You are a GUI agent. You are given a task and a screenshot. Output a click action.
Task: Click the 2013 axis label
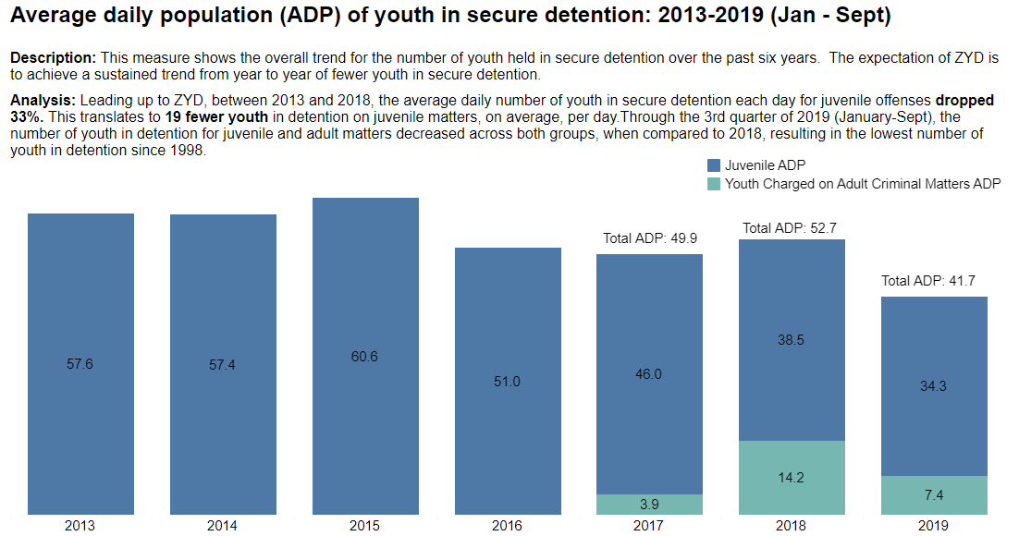[x=80, y=526]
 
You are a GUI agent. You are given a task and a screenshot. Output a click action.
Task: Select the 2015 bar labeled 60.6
[x=365, y=356]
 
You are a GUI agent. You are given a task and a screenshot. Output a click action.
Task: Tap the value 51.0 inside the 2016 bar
[x=508, y=382]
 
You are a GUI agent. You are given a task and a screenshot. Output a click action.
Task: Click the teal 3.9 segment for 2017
[x=649, y=505]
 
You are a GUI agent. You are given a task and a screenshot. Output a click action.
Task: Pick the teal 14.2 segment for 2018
[x=792, y=478]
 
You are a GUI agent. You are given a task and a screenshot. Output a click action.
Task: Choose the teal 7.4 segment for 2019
[x=934, y=495]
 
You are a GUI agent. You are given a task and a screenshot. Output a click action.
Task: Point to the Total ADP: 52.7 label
[x=792, y=227]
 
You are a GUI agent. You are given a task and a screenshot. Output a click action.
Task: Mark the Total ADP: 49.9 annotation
[x=650, y=238]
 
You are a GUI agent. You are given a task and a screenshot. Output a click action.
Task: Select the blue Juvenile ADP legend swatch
[x=713, y=165]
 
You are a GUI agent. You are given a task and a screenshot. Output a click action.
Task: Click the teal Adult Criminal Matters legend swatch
[x=713, y=184]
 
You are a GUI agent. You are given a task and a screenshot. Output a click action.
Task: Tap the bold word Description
[x=53, y=58]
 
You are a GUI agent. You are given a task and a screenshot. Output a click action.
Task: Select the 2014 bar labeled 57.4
[x=223, y=364]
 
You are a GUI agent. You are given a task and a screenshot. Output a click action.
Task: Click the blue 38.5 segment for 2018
[x=792, y=340]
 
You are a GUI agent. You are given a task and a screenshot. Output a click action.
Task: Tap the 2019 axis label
[x=934, y=526]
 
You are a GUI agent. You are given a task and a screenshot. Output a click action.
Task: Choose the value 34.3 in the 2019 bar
[x=934, y=386]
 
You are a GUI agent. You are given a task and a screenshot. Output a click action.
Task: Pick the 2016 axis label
[x=508, y=526]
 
